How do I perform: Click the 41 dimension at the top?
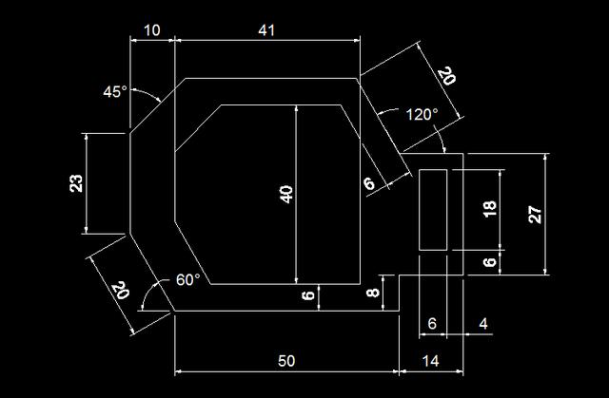coord(265,30)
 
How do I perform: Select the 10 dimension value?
coord(151,30)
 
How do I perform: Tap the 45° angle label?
coord(114,92)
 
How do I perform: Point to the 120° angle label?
coord(421,115)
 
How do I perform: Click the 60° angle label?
coord(188,280)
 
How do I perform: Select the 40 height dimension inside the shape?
coord(285,193)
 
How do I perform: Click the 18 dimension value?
coord(490,209)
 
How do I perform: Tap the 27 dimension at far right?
coord(536,214)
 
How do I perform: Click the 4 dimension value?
coord(482,324)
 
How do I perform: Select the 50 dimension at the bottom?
coord(285,362)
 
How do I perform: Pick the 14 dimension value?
coord(430,362)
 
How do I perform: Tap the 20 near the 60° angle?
coord(120,289)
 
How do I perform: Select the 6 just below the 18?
coord(490,262)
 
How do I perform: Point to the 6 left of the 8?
coord(308,296)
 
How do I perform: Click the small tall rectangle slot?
coord(433,210)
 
